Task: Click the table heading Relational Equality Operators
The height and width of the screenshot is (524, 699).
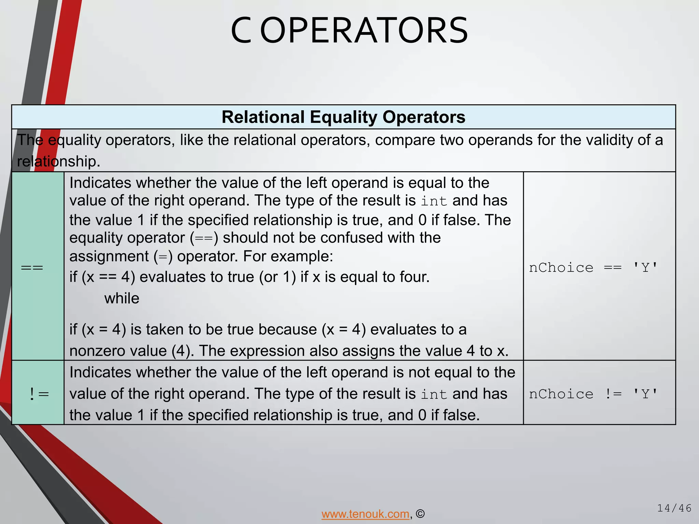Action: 343,117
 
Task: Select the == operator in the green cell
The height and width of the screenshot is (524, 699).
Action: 32,267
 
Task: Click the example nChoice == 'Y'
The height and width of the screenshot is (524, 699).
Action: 593,268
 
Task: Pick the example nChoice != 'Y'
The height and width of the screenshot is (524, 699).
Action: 593,394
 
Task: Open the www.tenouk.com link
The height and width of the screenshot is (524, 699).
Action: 365,514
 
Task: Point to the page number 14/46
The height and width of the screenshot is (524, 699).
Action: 674,508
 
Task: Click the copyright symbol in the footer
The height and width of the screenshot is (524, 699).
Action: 420,514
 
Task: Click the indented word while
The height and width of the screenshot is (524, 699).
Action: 122,299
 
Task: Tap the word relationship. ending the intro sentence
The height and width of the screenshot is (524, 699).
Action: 59,161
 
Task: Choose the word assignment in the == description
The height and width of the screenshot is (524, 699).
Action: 109,256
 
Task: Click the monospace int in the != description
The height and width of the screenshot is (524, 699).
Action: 433,394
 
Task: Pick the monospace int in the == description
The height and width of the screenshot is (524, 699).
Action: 433,201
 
